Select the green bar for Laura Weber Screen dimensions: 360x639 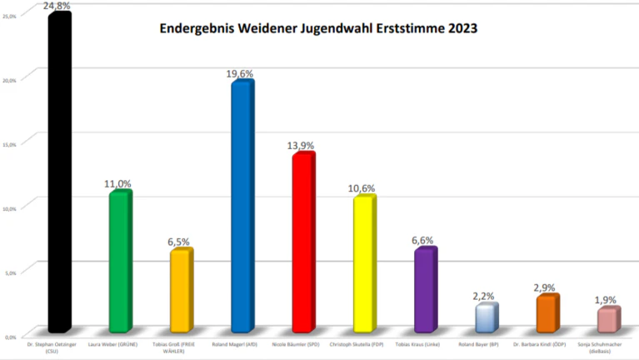pos(120,262)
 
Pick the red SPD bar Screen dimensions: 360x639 pos(302,242)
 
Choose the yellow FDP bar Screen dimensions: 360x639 pos(363,264)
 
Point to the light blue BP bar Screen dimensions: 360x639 pos(485,317)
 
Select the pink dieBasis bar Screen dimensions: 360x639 pos(607,320)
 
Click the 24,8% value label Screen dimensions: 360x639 pos(58,7)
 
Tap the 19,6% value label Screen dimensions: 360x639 pos(241,73)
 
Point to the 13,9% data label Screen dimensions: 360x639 pos(302,146)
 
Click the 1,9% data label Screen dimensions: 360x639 pos(607,299)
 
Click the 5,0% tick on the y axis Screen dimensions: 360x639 pos(11,272)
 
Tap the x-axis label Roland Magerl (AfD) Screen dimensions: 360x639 pos(241,343)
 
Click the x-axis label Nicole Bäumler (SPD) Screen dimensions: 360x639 pos(302,343)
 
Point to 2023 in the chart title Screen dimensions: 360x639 pos(461,28)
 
